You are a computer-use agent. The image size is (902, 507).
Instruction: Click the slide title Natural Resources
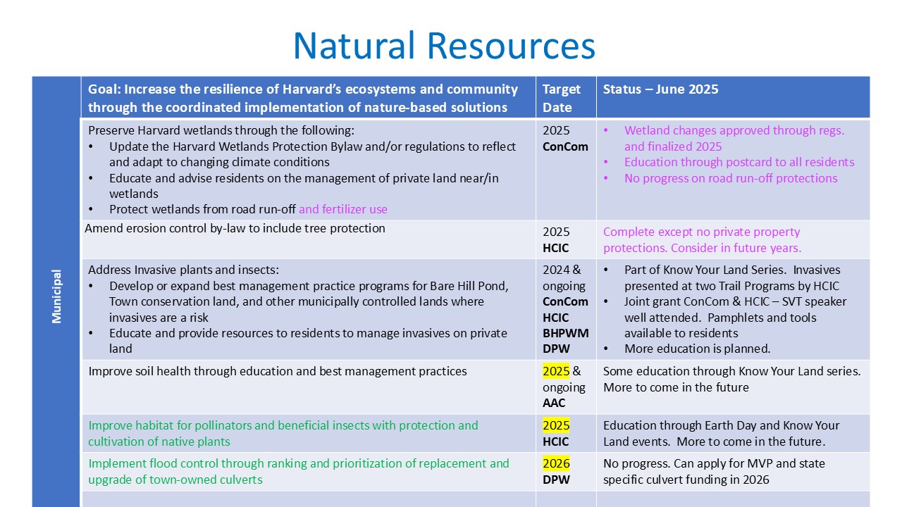(444, 46)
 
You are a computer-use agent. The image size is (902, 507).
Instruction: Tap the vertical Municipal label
(56, 296)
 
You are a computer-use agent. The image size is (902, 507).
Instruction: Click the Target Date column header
(562, 98)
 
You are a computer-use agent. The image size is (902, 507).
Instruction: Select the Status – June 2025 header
(660, 89)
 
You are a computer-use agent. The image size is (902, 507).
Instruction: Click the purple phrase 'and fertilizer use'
(342, 209)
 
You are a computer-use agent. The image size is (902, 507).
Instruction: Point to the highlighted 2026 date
(556, 463)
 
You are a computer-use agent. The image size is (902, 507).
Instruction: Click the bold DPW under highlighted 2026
(556, 480)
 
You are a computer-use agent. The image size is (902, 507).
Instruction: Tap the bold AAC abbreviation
(554, 403)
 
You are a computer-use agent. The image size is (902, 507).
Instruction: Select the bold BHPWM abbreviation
(565, 333)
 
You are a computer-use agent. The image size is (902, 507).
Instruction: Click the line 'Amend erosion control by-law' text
(235, 228)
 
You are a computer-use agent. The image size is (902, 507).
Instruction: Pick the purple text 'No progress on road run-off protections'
(731, 178)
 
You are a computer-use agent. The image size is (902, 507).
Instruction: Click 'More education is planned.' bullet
(697, 349)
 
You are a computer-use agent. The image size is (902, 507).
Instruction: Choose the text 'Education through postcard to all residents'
(739, 162)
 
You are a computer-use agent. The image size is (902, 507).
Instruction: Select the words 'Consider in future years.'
(736, 248)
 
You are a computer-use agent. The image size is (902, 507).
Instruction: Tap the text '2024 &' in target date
(562, 270)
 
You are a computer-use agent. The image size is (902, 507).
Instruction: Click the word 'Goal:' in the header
(104, 89)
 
